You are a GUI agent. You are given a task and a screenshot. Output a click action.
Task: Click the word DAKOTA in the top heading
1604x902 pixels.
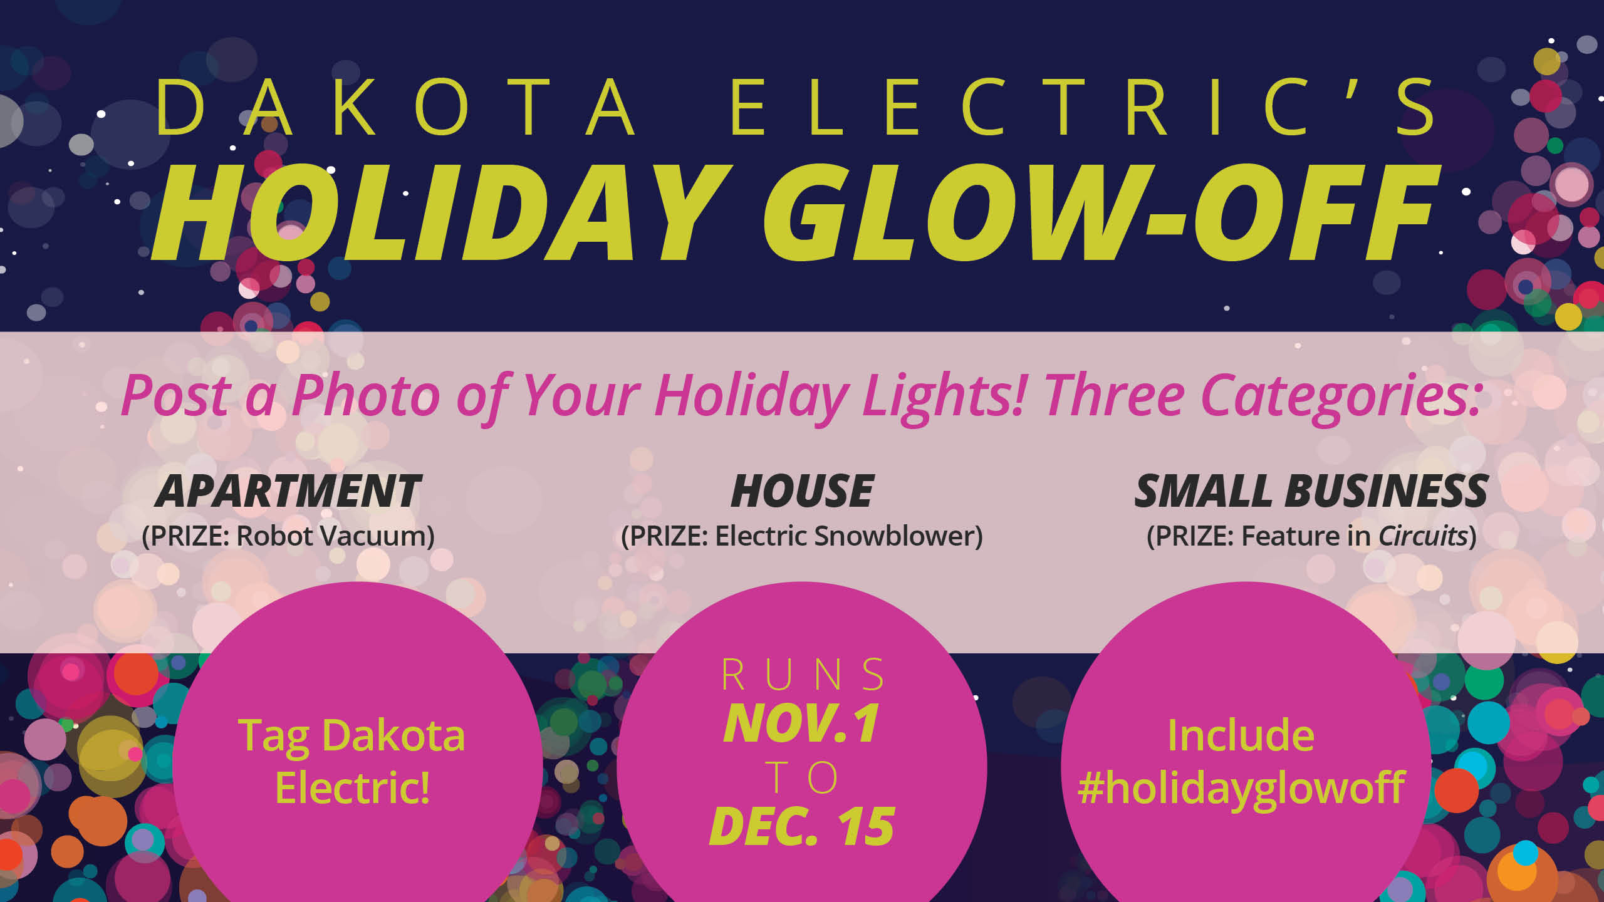395,107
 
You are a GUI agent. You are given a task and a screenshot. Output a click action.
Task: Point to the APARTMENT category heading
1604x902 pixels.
288,491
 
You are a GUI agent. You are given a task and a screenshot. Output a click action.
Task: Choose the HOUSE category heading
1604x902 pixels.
802,491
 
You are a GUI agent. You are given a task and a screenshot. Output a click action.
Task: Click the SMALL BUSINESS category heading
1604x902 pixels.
1311,491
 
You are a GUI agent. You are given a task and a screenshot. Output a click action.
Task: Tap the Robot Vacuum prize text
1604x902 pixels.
335,536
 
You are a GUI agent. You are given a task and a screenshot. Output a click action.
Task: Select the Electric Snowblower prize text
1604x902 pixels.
849,536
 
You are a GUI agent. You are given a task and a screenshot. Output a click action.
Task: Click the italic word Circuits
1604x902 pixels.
1423,536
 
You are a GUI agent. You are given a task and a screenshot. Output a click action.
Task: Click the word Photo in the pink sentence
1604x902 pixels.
366,395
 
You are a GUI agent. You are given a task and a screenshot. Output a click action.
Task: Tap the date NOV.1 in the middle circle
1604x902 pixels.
802,724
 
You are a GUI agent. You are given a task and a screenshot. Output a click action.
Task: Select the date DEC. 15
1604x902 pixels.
802,827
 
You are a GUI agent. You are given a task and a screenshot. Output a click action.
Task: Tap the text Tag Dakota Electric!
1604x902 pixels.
352,762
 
